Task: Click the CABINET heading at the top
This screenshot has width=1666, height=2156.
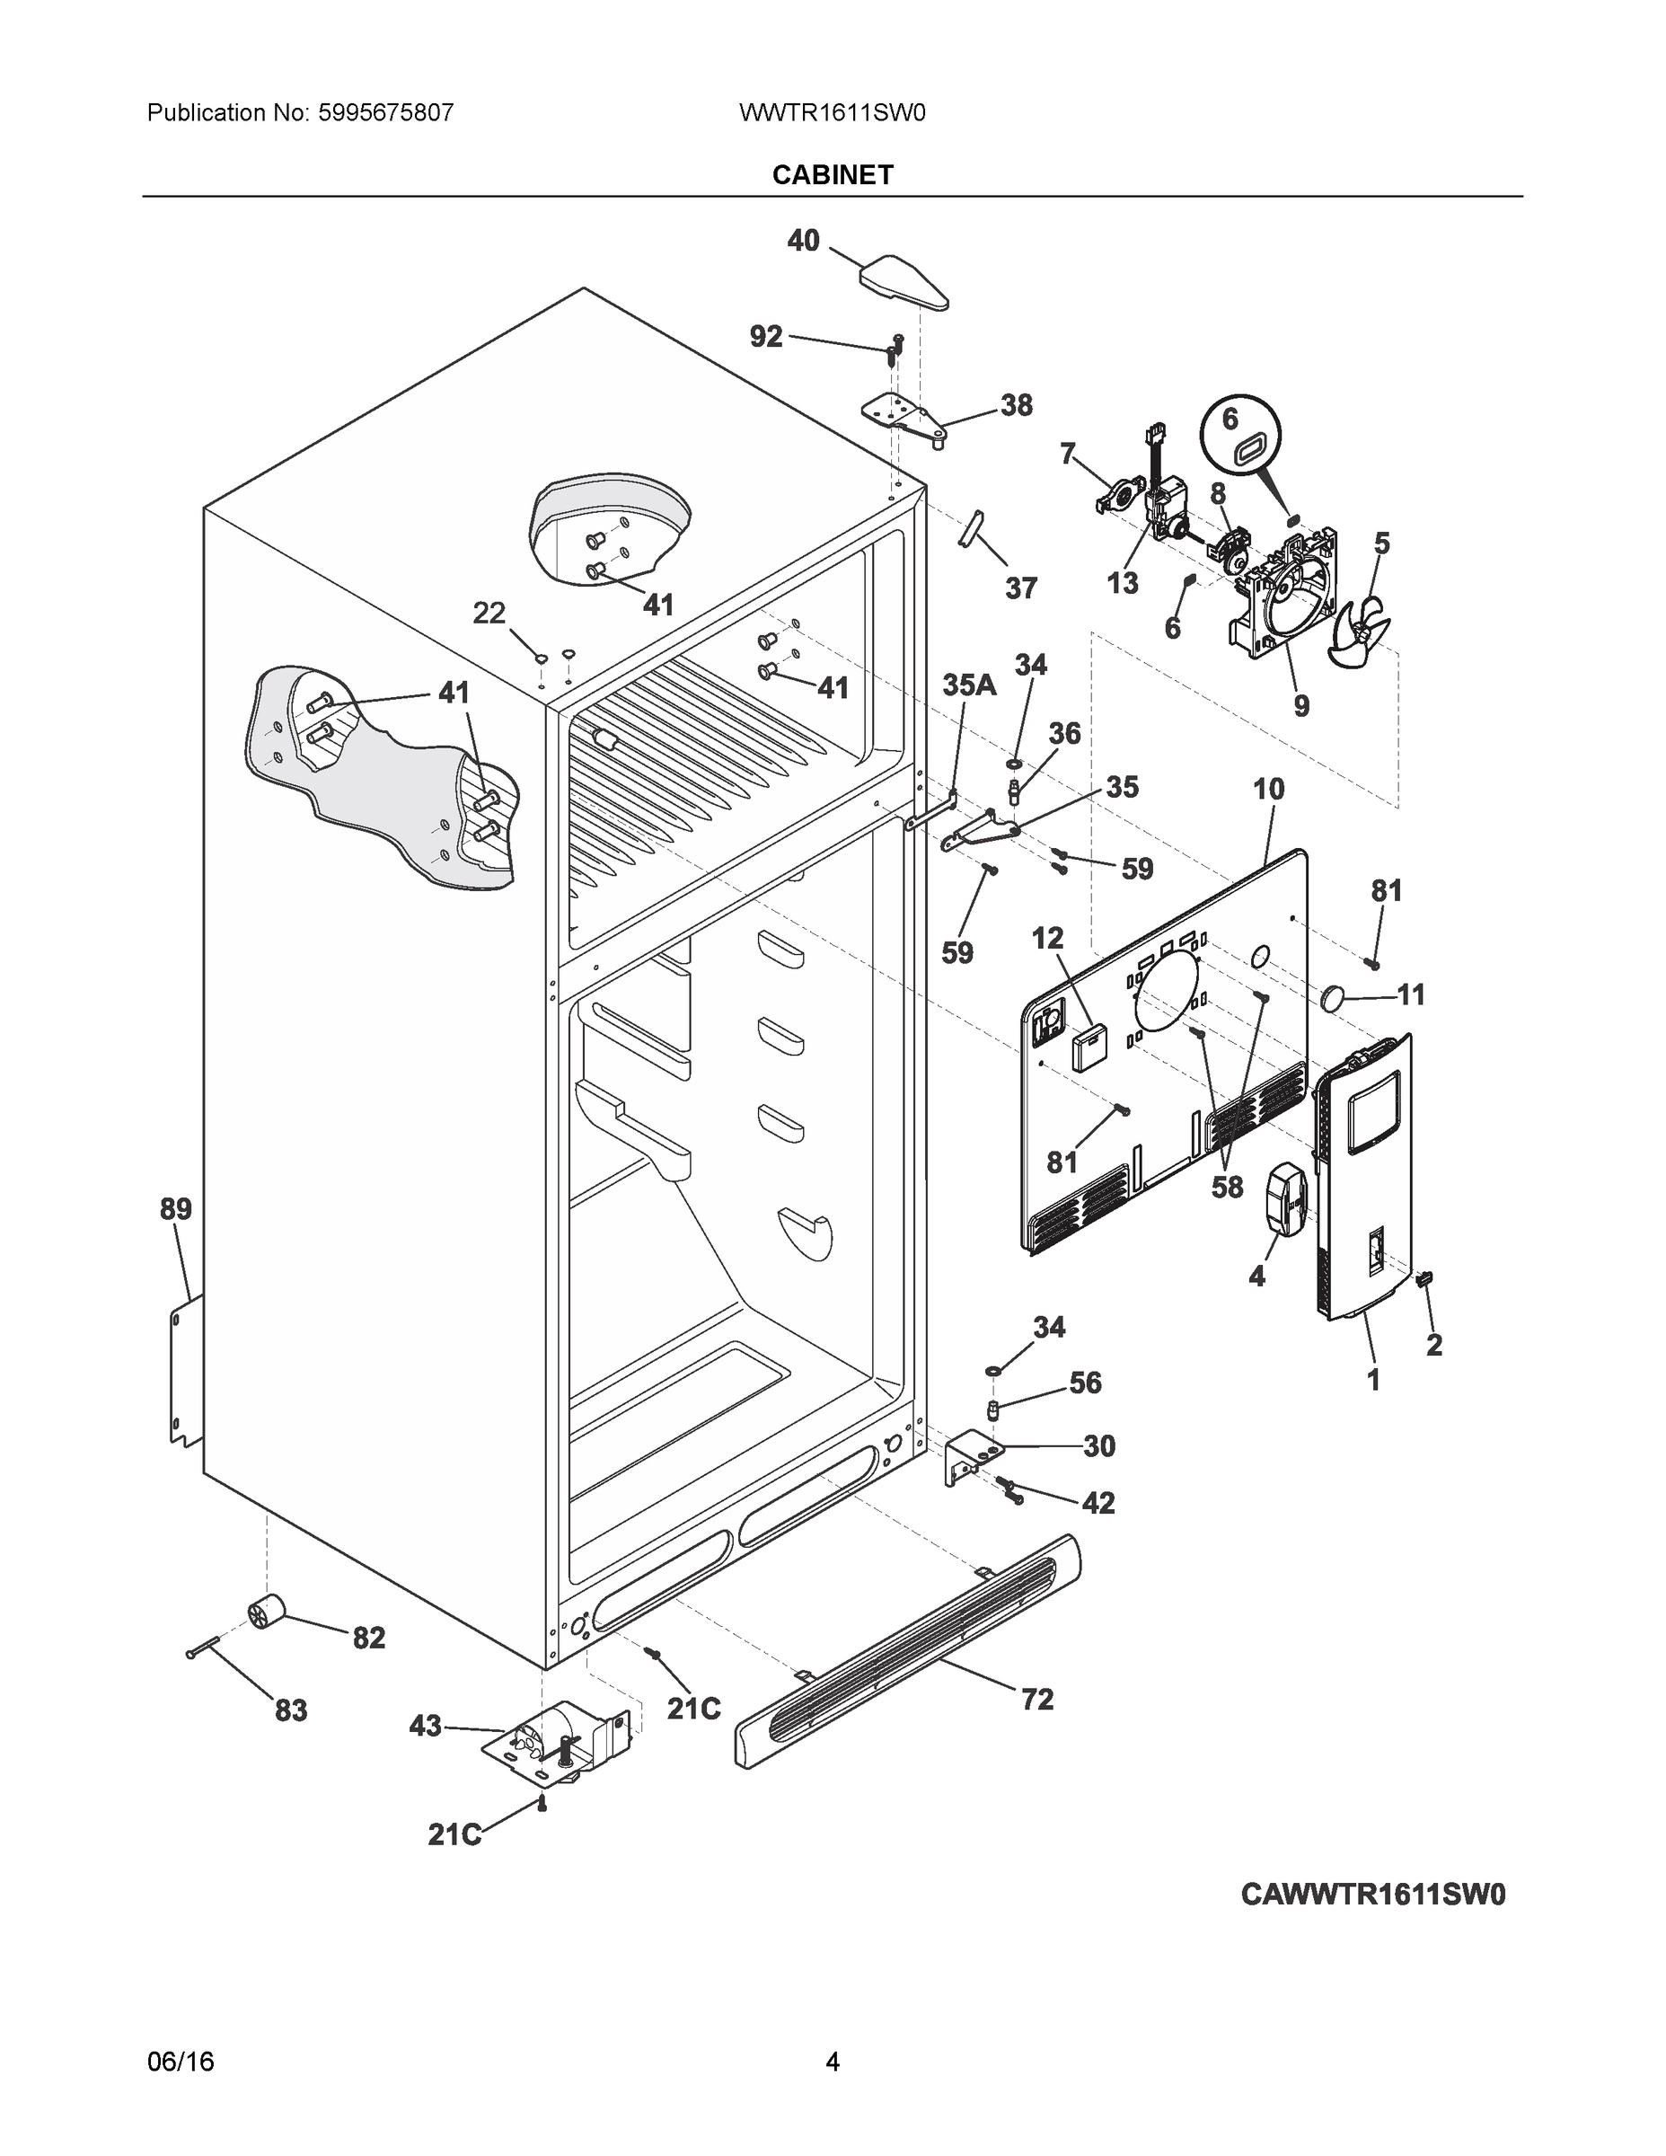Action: (x=832, y=175)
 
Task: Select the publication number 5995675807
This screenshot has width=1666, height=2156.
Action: (x=385, y=112)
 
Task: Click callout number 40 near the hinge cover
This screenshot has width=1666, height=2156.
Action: (x=804, y=240)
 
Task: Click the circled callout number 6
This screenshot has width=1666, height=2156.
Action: (x=1230, y=420)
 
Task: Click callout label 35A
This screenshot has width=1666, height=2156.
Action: (x=968, y=685)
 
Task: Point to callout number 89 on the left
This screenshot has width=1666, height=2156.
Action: (x=176, y=1209)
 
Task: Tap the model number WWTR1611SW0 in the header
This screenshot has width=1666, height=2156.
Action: (x=832, y=112)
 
